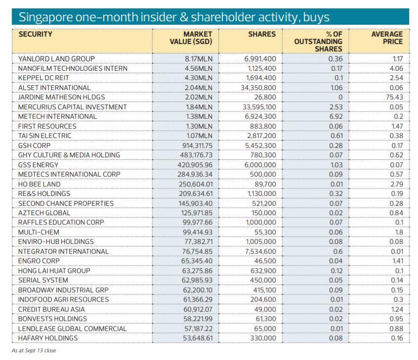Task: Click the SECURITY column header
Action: [35, 35]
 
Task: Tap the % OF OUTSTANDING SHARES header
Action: [318, 42]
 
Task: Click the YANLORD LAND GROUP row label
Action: [56, 59]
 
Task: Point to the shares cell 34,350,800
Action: [260, 88]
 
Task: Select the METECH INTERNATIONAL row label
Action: [57, 116]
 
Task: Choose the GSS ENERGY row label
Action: [38, 165]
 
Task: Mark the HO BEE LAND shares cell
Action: [266, 184]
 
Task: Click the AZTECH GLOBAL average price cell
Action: [397, 213]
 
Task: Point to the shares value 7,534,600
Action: [260, 251]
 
